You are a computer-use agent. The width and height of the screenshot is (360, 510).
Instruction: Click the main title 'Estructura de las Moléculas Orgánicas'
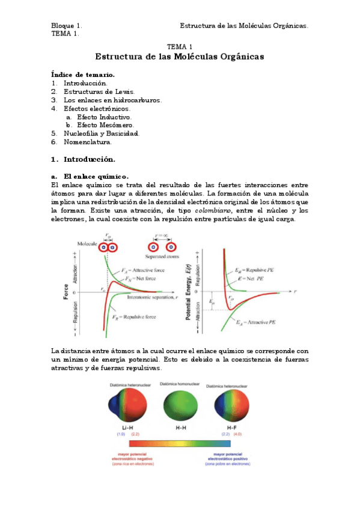point(180,57)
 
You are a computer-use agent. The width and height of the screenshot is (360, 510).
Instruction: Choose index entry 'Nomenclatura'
point(88,142)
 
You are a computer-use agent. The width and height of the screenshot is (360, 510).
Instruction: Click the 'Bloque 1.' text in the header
point(67,26)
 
